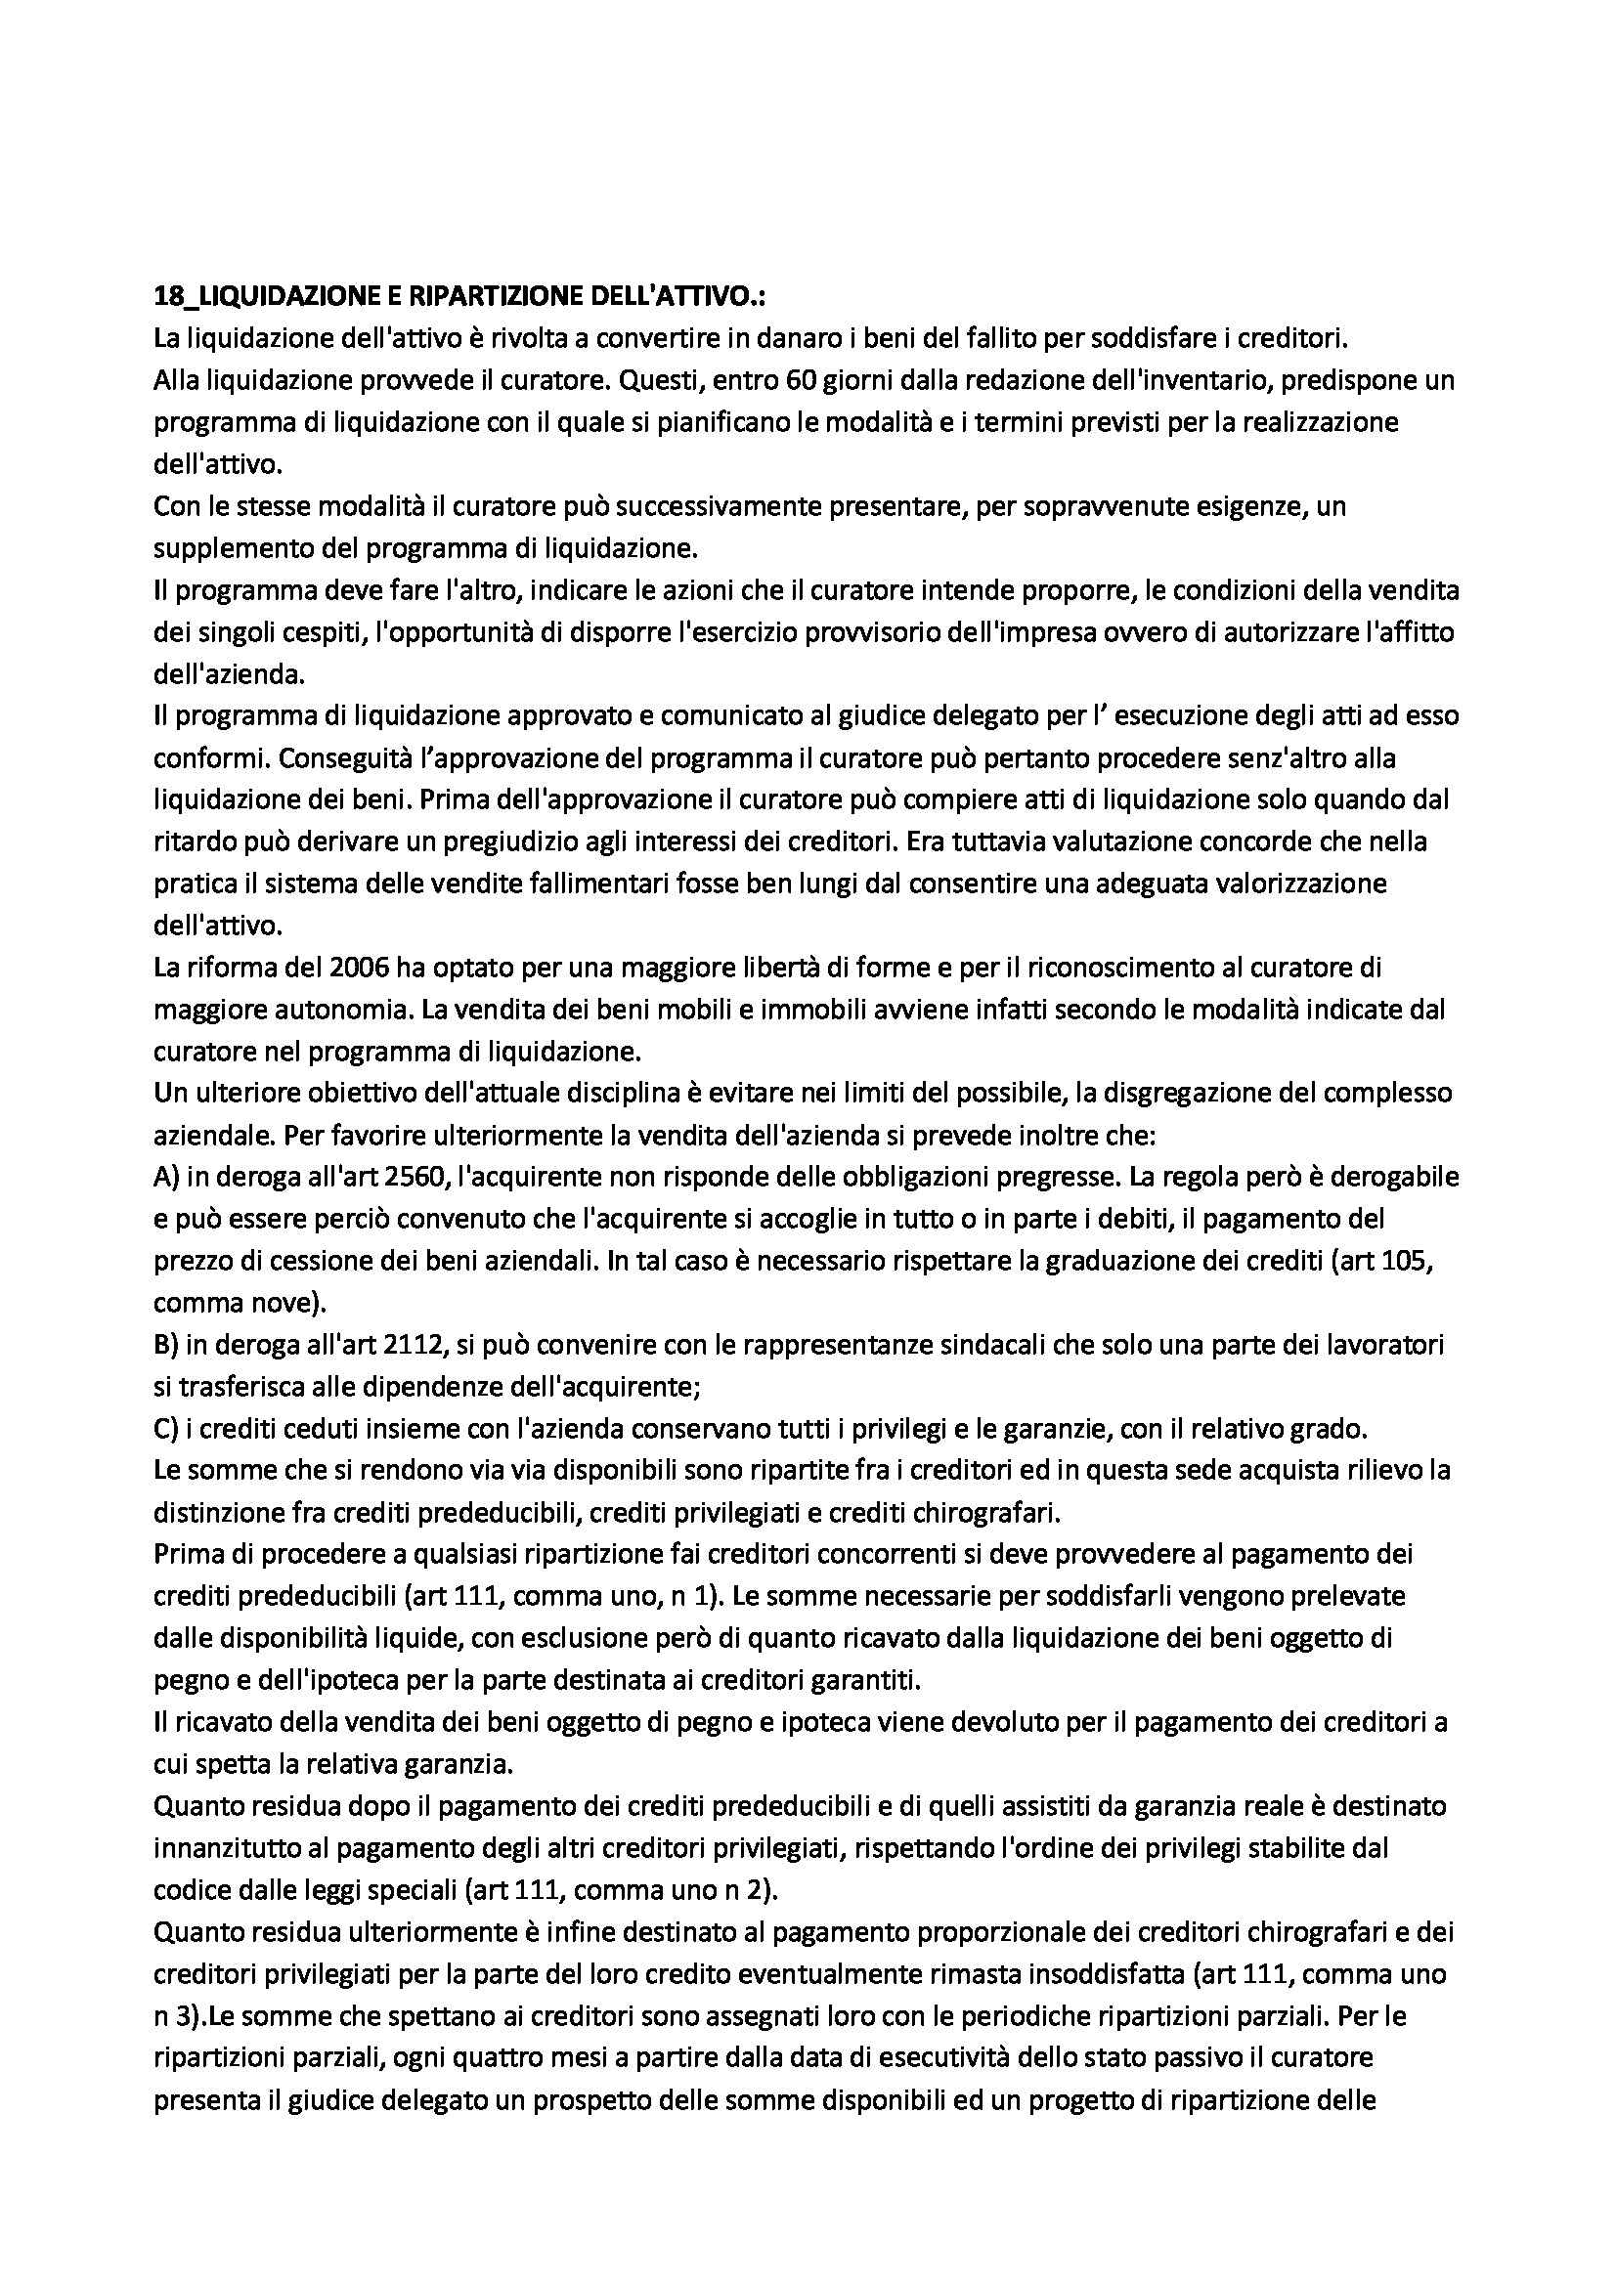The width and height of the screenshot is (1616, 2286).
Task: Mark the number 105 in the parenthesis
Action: click(x=1414, y=1260)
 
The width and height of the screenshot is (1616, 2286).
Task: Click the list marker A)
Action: click(x=166, y=1176)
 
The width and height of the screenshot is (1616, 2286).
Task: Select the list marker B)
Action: click(x=166, y=1344)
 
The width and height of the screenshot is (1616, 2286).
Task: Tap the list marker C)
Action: click(x=166, y=1428)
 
